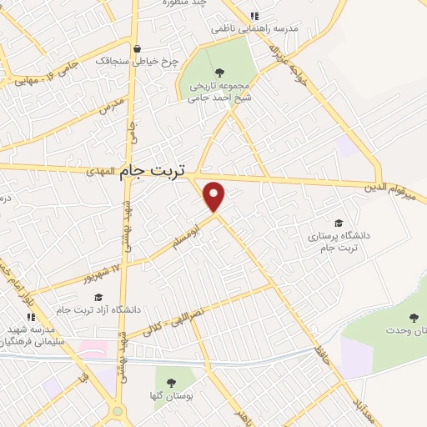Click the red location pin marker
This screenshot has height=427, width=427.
coord(215,197)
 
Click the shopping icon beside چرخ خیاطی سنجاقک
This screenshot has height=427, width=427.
coord(138,48)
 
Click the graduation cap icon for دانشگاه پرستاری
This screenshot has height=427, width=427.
coord(339,223)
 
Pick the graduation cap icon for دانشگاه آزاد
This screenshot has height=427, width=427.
coord(98,298)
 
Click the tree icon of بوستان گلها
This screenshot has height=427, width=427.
coord(171,383)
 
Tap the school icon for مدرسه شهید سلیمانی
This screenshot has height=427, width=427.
coord(31,318)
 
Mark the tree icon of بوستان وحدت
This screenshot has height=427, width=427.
coord(414,318)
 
